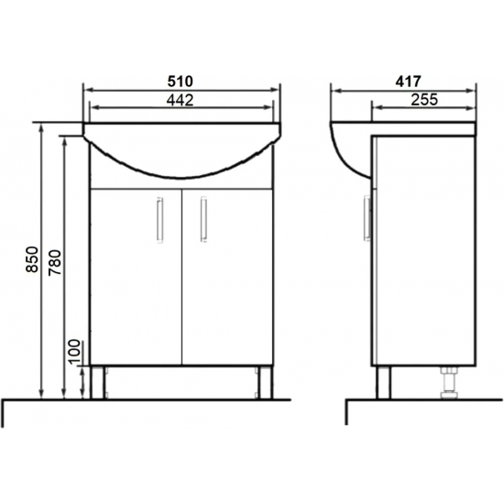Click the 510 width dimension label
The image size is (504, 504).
pos(180,82)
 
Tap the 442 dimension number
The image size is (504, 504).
pos(180,101)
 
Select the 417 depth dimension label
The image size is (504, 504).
pos(408,82)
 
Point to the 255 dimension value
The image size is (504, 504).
pos(424,100)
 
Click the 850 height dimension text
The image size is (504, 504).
pos(32,259)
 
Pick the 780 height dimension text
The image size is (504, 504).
pos(55,262)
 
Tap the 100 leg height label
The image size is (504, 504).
pos(74,351)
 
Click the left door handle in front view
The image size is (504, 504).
pos(159,220)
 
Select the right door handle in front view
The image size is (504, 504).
pos(203,220)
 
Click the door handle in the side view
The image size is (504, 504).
pos(367,219)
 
